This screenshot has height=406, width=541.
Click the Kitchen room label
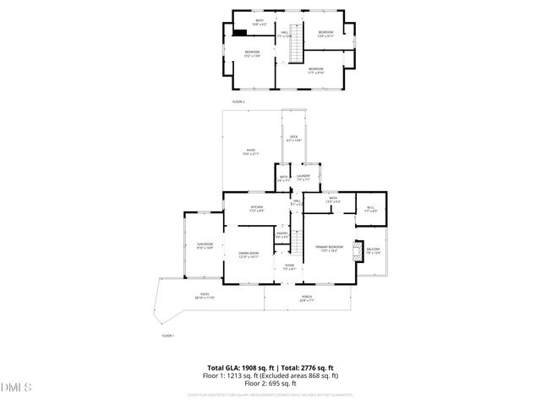[x=256, y=209]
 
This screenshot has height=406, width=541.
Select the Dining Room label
[x=249, y=256]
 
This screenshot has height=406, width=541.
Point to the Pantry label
[x=282, y=235]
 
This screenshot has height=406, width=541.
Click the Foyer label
[x=289, y=267]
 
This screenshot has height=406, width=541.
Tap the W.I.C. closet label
[x=370, y=210]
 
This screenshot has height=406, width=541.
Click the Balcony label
[x=373, y=250]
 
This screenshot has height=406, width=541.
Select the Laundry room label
[x=303, y=178]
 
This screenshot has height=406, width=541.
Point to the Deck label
[x=294, y=139]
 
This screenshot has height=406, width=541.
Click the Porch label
[x=306, y=298]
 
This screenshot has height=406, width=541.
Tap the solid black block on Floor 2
[x=241, y=34]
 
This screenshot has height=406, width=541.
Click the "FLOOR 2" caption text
[x=238, y=101]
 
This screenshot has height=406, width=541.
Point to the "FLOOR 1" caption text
[x=167, y=336]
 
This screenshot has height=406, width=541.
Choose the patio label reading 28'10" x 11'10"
[x=205, y=298]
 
